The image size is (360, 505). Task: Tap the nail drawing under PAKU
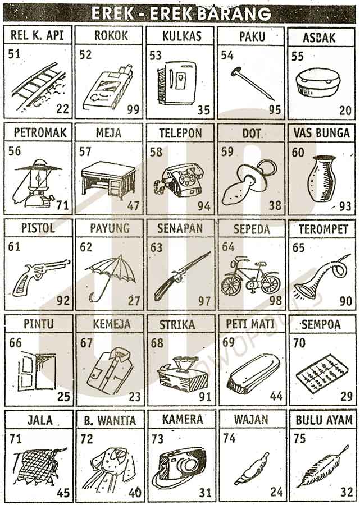253,84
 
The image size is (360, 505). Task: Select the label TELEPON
180,133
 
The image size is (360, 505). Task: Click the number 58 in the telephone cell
156,151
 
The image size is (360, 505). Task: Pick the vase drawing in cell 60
321,178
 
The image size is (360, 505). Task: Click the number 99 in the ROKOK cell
133,109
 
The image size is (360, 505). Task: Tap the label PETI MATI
250,324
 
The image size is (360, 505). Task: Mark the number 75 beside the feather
299,439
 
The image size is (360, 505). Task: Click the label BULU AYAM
324,420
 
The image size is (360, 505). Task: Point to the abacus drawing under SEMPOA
322,374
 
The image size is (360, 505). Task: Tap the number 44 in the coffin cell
276,396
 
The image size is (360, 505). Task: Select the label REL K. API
37,35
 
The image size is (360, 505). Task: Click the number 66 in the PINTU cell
16,343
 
